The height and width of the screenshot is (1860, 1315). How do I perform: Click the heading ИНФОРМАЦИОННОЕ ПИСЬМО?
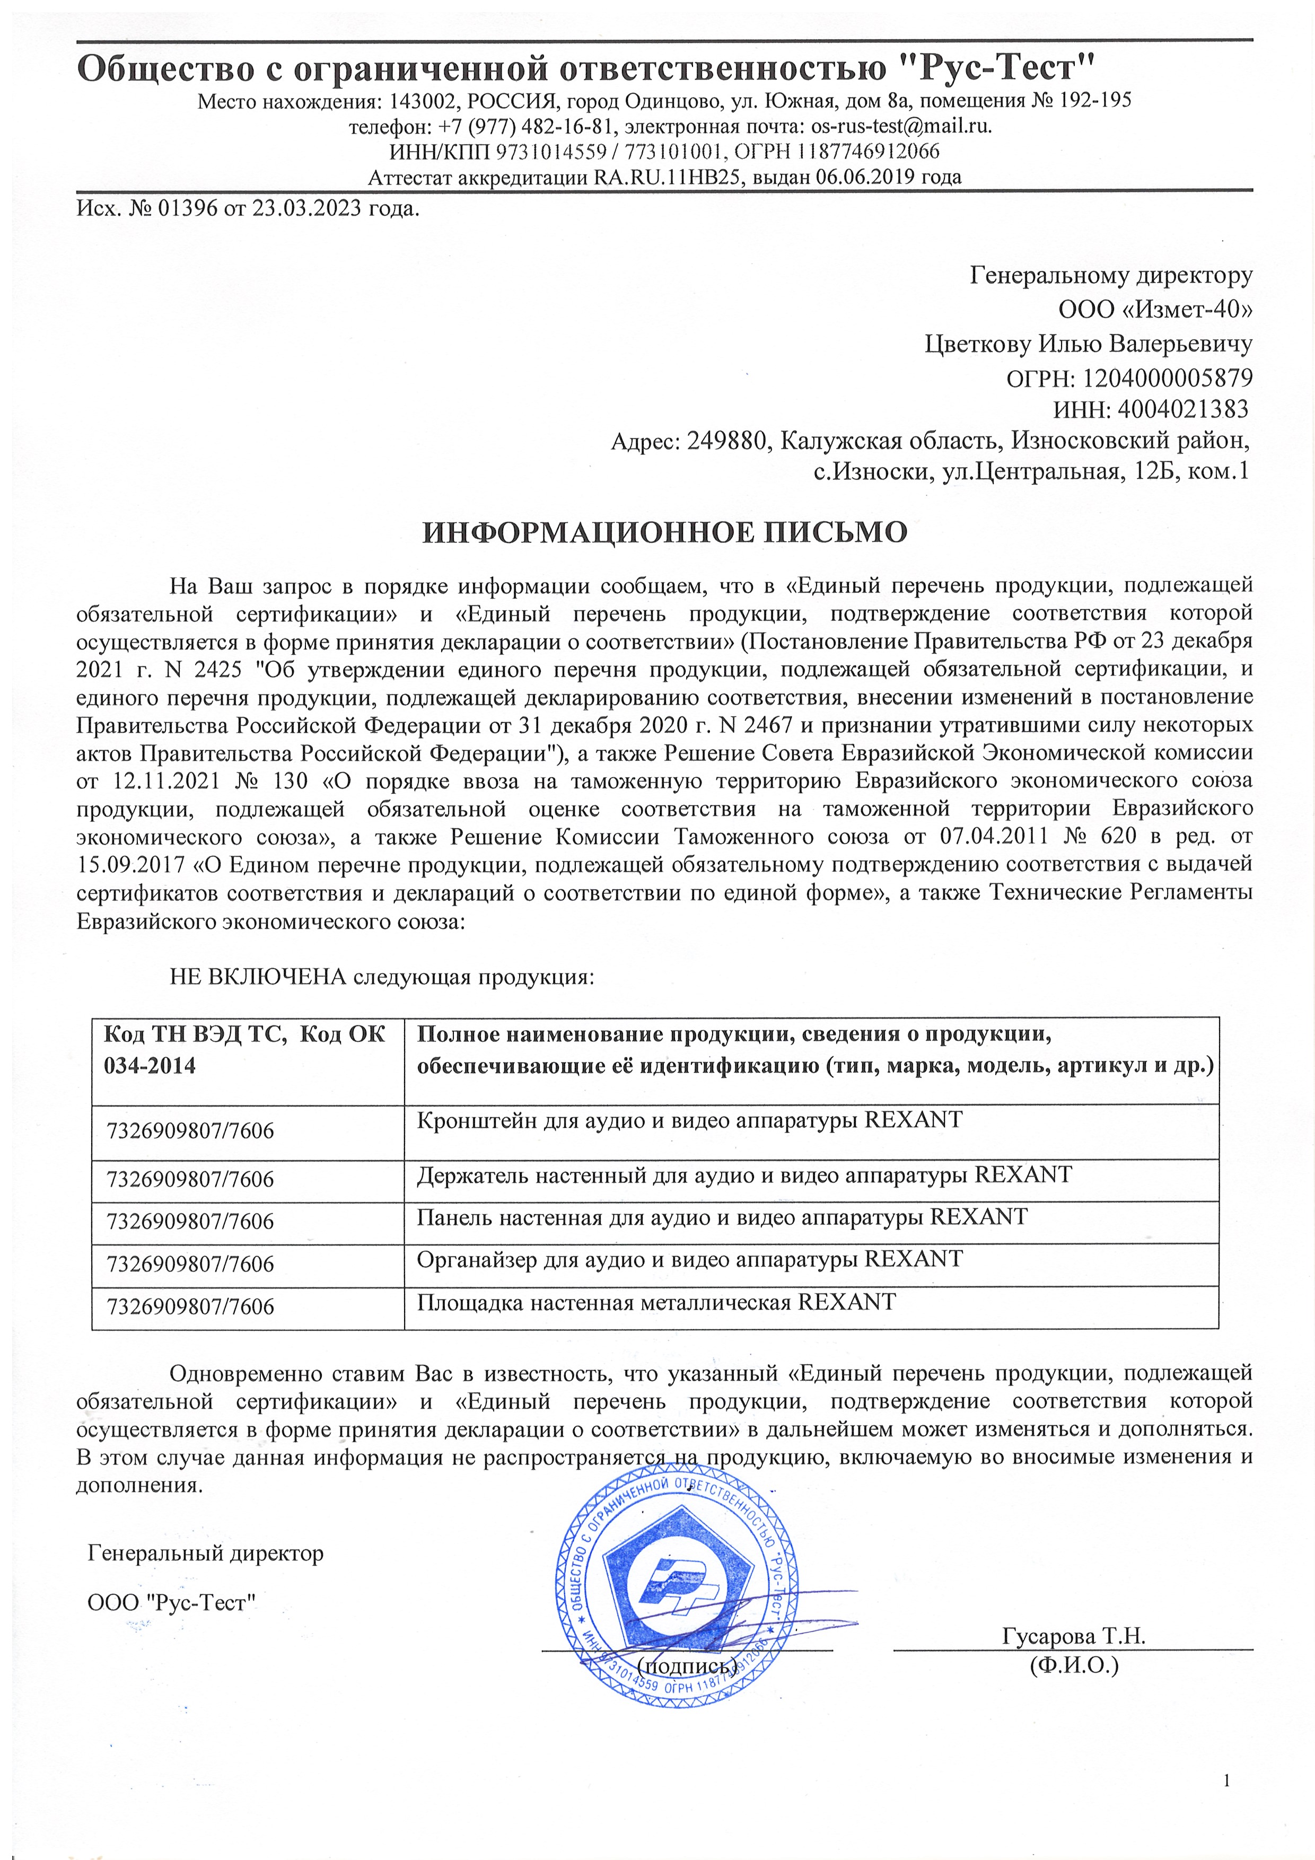coord(664,532)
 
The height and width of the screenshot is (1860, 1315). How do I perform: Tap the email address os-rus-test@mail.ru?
coord(901,126)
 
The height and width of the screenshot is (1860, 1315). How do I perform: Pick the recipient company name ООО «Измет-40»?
coord(1154,310)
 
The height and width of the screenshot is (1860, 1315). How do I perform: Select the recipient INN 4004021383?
coord(1183,410)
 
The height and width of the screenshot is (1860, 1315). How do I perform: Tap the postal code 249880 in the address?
coord(725,441)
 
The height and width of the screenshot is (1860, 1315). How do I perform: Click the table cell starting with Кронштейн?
coord(689,1120)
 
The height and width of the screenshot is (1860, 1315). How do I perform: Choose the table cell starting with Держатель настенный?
coord(744,1174)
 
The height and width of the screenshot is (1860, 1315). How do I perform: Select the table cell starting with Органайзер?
coord(689,1259)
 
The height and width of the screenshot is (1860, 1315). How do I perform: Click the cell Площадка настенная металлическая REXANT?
coord(656,1302)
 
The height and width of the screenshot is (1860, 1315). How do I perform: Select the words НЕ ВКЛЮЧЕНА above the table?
coord(258,977)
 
